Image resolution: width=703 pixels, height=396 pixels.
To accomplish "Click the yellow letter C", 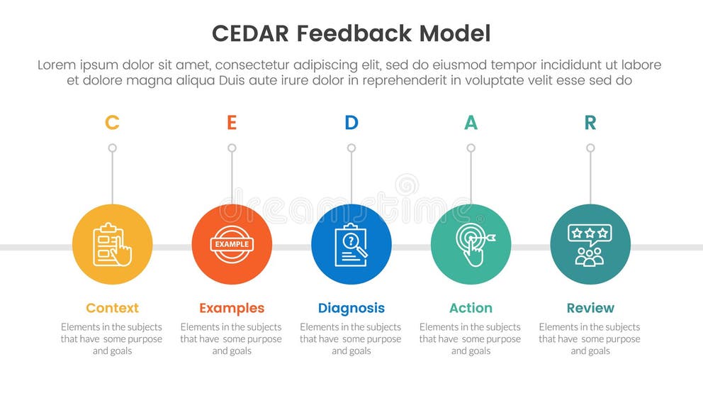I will (112, 123).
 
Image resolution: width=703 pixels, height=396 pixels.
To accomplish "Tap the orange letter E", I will (232, 123).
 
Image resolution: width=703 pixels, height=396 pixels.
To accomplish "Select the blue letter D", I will (351, 123).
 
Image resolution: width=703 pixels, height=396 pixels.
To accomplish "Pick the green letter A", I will (471, 123).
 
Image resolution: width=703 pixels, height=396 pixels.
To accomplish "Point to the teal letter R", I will (590, 123).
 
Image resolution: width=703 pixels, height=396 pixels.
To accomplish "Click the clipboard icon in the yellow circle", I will (112, 245).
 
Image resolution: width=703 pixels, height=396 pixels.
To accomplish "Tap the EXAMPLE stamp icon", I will (232, 245).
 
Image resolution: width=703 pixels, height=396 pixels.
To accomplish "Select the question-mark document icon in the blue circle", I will (351, 245).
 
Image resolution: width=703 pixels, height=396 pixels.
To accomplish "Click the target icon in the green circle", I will (471, 245).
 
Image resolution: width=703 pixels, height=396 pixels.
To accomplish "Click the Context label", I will (112, 308).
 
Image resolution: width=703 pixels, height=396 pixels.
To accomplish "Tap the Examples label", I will (232, 308).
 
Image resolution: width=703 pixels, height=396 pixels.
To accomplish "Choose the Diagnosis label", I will (351, 308).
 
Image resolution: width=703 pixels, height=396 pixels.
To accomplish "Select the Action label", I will (471, 308).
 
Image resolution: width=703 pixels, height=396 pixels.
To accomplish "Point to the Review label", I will (590, 308).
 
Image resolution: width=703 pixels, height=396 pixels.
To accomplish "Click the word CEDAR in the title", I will (251, 33).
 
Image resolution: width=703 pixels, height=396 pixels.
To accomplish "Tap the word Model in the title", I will (454, 33).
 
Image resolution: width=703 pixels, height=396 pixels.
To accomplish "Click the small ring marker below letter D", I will (351, 148).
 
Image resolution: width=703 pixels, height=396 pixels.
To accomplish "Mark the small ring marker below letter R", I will (590, 148).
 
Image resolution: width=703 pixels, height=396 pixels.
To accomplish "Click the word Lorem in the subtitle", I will (56, 65).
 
